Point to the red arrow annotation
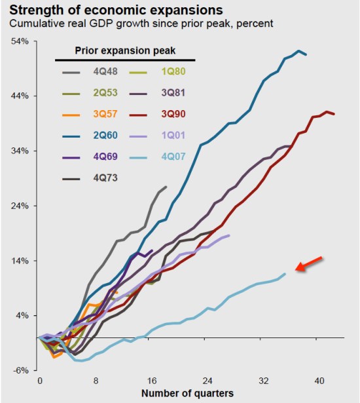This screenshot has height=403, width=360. pyautogui.click(x=309, y=263)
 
